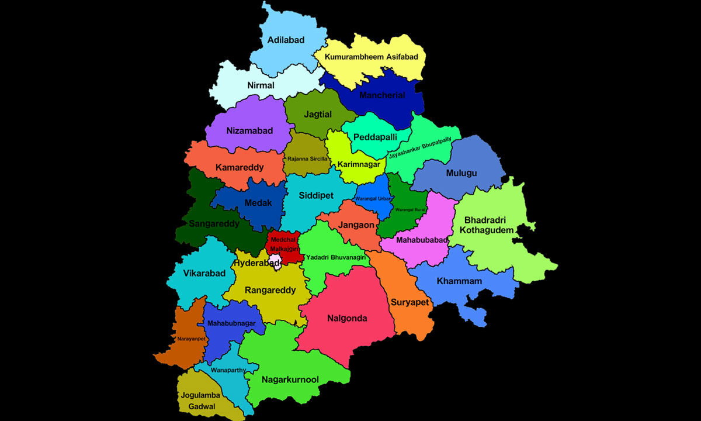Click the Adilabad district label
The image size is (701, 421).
click(x=286, y=40)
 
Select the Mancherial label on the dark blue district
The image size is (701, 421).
click(x=382, y=95)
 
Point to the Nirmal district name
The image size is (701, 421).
click(x=261, y=85)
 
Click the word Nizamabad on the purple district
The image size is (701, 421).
click(x=249, y=131)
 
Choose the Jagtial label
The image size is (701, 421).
click(x=318, y=115)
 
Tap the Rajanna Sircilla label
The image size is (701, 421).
click(x=307, y=158)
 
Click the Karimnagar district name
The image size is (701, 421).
click(x=359, y=164)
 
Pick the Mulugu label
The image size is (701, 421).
click(x=461, y=173)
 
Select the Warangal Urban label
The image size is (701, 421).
click(x=374, y=199)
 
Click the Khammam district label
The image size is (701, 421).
click(x=460, y=281)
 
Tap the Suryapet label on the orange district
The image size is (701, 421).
click(x=410, y=302)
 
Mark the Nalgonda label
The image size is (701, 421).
click(x=348, y=318)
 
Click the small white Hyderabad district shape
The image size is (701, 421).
click(x=275, y=259)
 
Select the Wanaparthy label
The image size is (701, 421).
click(x=228, y=370)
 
